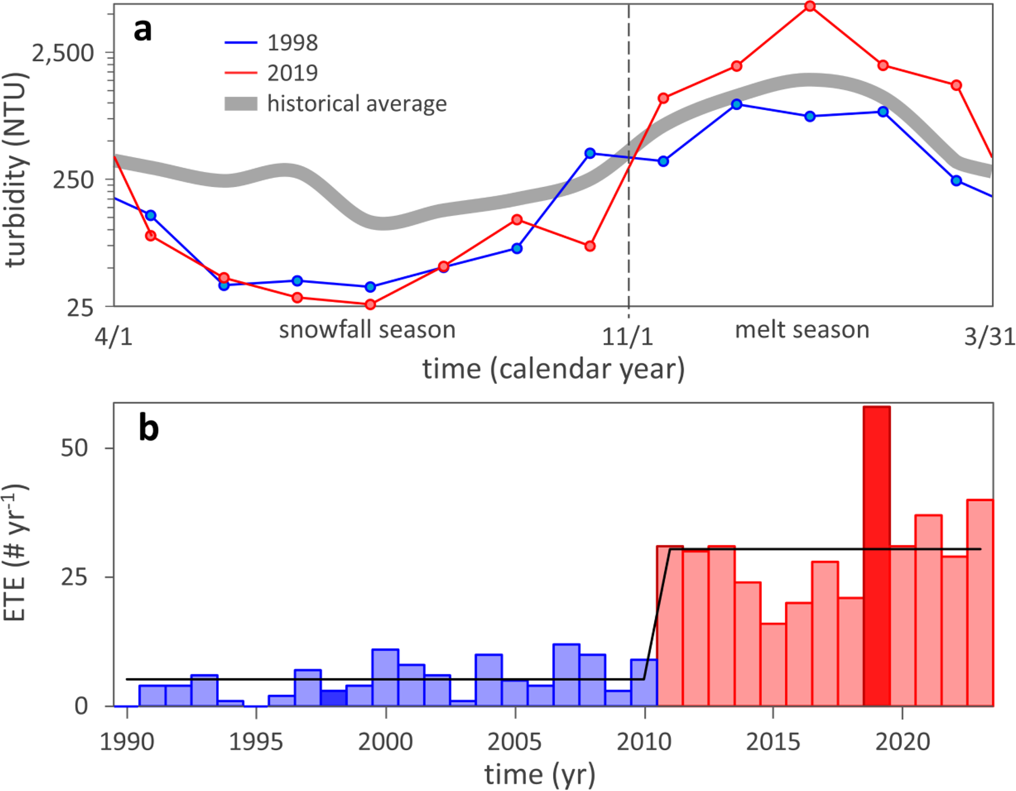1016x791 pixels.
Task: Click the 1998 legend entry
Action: [292, 43]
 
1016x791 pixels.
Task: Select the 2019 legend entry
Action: [292, 73]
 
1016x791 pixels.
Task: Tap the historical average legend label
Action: [356, 104]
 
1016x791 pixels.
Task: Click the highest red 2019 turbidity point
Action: [810, 6]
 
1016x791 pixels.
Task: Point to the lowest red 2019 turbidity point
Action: [370, 305]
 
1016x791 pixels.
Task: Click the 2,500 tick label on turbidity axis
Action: [63, 53]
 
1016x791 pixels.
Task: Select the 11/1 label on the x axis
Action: [628, 337]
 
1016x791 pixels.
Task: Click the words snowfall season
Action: [367, 330]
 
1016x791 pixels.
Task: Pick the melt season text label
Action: [802, 330]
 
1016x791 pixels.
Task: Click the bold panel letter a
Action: [143, 30]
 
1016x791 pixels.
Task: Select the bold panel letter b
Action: [148, 427]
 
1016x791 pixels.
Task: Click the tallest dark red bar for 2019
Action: [877, 555]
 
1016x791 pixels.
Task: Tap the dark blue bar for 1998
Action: [334, 698]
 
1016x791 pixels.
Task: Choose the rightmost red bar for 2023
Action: [980, 602]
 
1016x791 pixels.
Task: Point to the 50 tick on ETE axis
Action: [74, 448]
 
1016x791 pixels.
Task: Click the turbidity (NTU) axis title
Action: [16, 169]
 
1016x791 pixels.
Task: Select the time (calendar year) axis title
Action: [553, 369]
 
